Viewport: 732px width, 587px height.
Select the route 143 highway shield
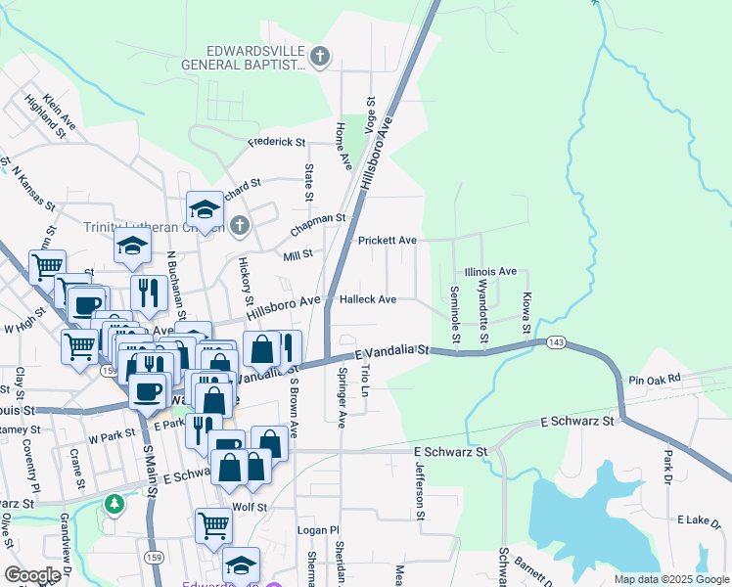tap(556, 341)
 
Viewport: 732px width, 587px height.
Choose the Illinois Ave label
tap(490, 271)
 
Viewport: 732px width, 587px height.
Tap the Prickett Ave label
tap(387, 240)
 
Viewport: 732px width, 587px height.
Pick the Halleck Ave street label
tap(367, 299)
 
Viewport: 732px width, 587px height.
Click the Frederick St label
tap(277, 142)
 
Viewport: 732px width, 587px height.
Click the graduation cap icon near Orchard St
tap(206, 209)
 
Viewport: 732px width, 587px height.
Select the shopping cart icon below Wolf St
tap(212, 526)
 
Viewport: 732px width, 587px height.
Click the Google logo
tap(32, 575)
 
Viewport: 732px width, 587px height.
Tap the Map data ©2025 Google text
tap(670, 579)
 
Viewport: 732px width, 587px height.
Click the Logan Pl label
tap(317, 530)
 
